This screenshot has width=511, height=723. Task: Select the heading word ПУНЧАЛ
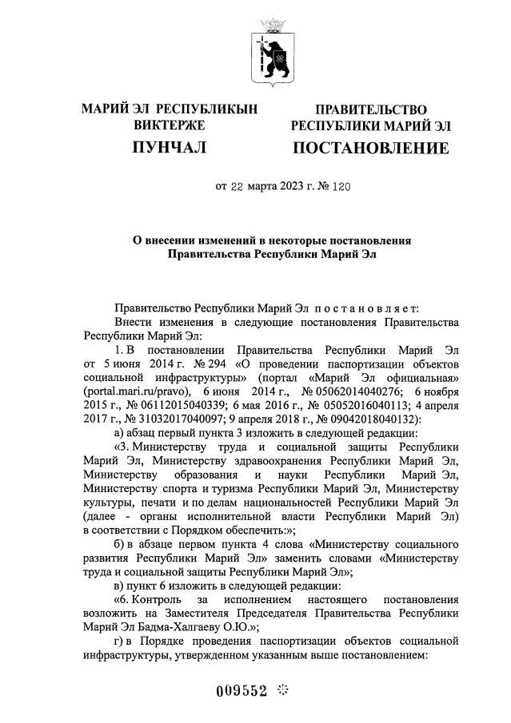pyautogui.click(x=170, y=147)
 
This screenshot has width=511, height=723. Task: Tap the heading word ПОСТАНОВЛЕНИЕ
pyautogui.click(x=371, y=148)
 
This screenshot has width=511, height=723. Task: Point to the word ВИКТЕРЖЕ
pyautogui.click(x=170, y=125)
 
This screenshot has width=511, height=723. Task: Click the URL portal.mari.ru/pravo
pyautogui.click(x=135, y=391)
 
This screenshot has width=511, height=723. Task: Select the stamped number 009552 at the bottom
pyautogui.click(x=242, y=691)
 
